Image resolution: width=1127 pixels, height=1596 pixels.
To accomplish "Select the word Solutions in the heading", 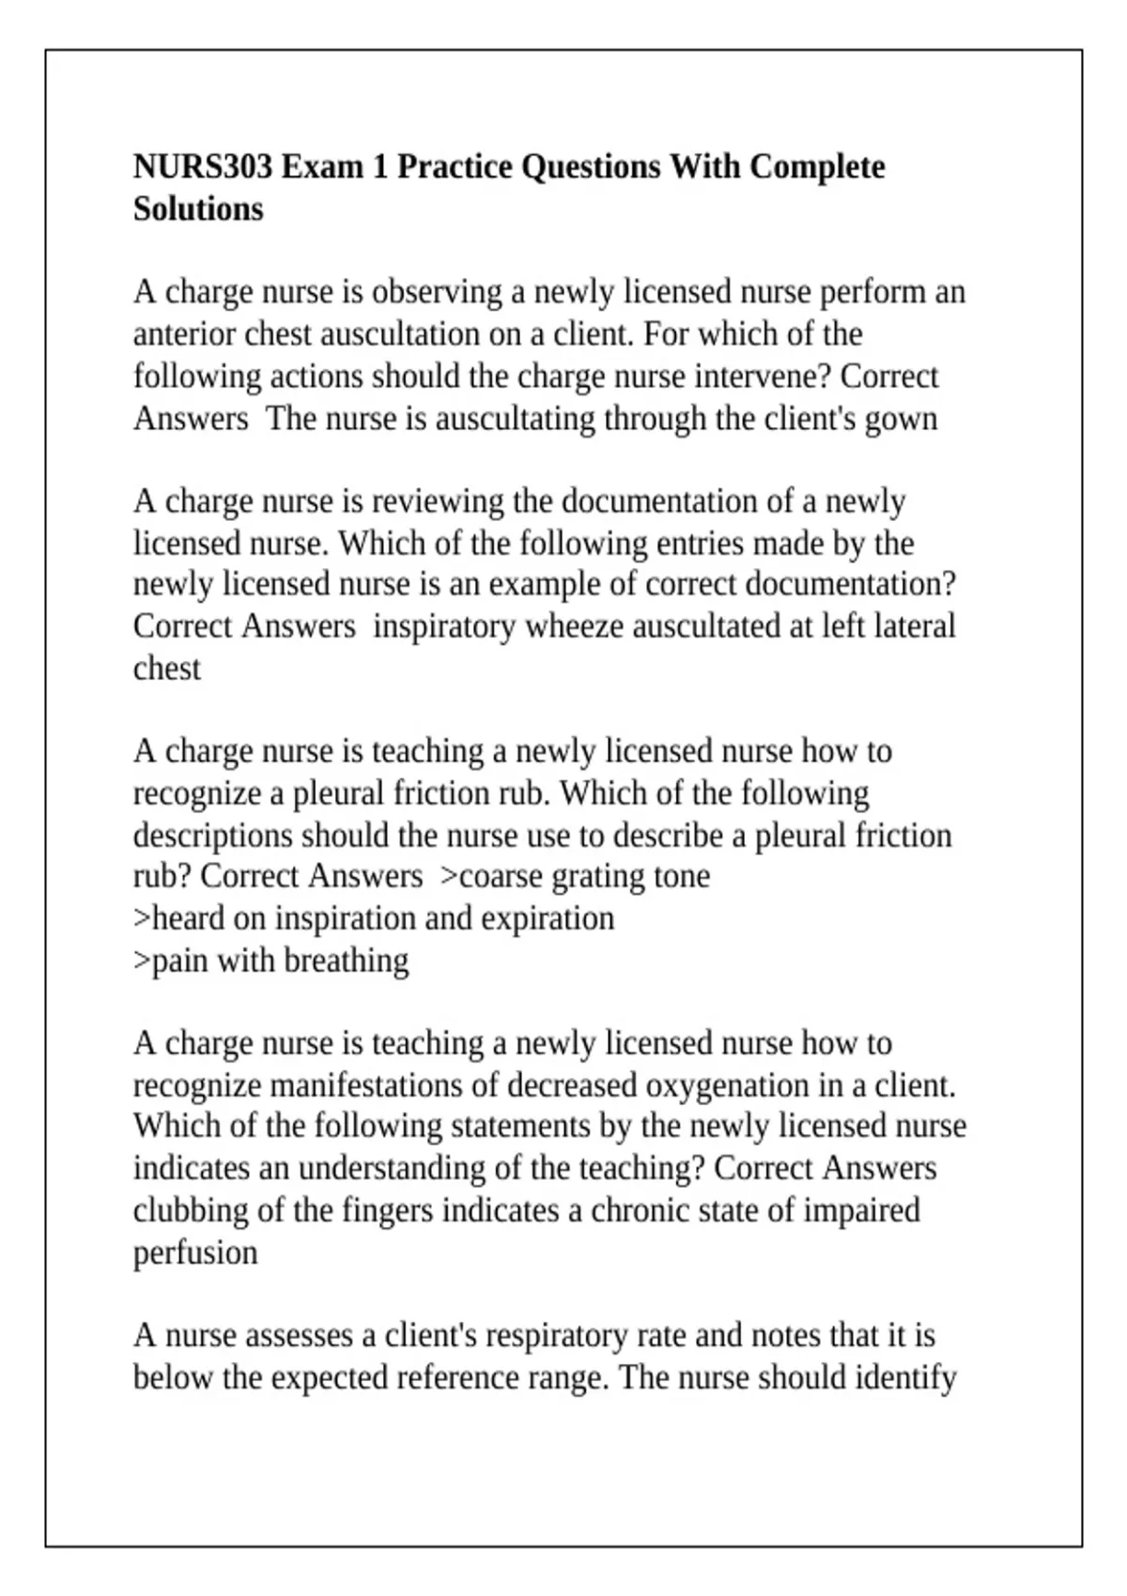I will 198,208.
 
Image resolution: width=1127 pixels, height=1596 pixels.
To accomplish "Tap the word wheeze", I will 575,626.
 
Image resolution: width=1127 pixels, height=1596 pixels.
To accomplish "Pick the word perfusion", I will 195,1252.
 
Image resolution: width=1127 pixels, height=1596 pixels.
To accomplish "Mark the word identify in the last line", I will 905,1377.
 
